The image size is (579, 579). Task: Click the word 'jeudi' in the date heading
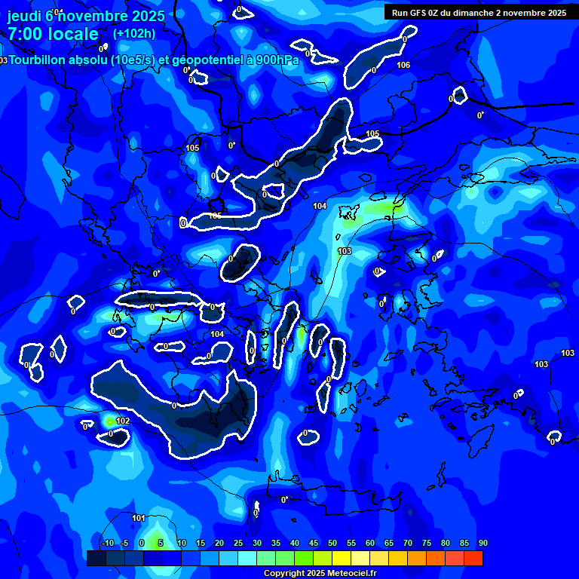pos(24,15)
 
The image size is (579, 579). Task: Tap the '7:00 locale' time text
pos(53,34)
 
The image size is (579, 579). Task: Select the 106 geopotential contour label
pos(403,65)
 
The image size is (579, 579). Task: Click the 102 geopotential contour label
pos(123,421)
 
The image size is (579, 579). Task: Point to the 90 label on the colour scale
pos(482,544)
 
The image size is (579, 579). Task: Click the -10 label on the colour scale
pos(107,544)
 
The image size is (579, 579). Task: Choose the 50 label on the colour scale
pos(332,544)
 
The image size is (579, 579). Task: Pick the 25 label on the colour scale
pos(238,544)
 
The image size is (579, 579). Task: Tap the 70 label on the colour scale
pos(408,544)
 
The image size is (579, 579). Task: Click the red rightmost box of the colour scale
pos(473,558)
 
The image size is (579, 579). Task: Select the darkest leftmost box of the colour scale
pos(96,558)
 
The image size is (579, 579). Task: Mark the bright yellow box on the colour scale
pos(342,558)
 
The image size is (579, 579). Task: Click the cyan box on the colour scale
pos(247,558)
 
